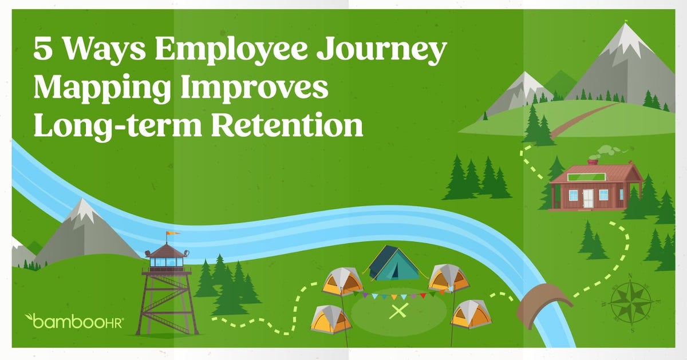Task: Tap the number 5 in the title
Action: [x=43, y=50]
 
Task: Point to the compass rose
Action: [x=630, y=303]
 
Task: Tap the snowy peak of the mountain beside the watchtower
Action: [x=84, y=209]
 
